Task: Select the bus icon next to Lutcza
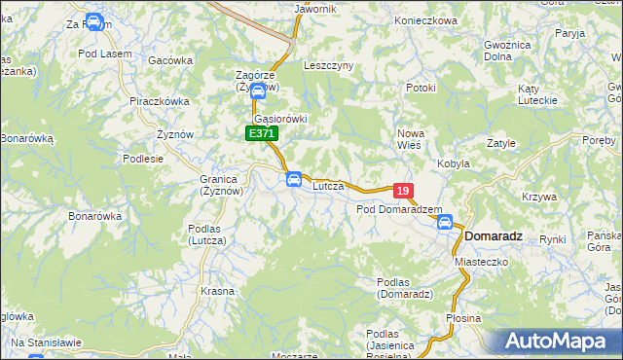(x=293, y=179)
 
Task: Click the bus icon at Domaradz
(x=445, y=223)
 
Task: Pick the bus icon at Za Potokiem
(x=93, y=21)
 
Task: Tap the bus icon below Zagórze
(x=257, y=92)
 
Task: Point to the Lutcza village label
(x=328, y=185)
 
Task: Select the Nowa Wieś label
(x=410, y=138)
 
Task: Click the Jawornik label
(x=314, y=9)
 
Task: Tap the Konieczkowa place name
(x=426, y=20)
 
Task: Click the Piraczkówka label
(x=159, y=100)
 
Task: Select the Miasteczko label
(x=484, y=263)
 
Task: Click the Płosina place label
(x=463, y=318)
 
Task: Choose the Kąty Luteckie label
(x=536, y=94)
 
